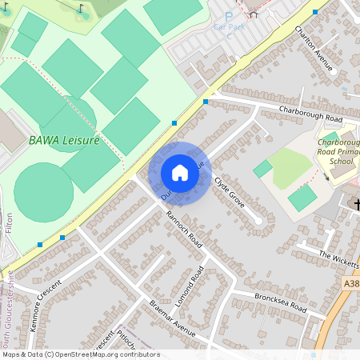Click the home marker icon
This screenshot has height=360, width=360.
[180, 173]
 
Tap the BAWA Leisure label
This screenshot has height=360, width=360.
[64, 140]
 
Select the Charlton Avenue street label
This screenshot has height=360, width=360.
[313, 49]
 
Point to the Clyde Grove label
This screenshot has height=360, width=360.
[230, 193]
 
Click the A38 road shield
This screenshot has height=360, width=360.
[352, 283]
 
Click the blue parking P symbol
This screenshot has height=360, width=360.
[229, 16]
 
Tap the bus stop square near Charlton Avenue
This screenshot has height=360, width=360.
[315, 12]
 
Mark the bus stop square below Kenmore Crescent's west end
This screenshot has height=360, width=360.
[40, 244]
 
